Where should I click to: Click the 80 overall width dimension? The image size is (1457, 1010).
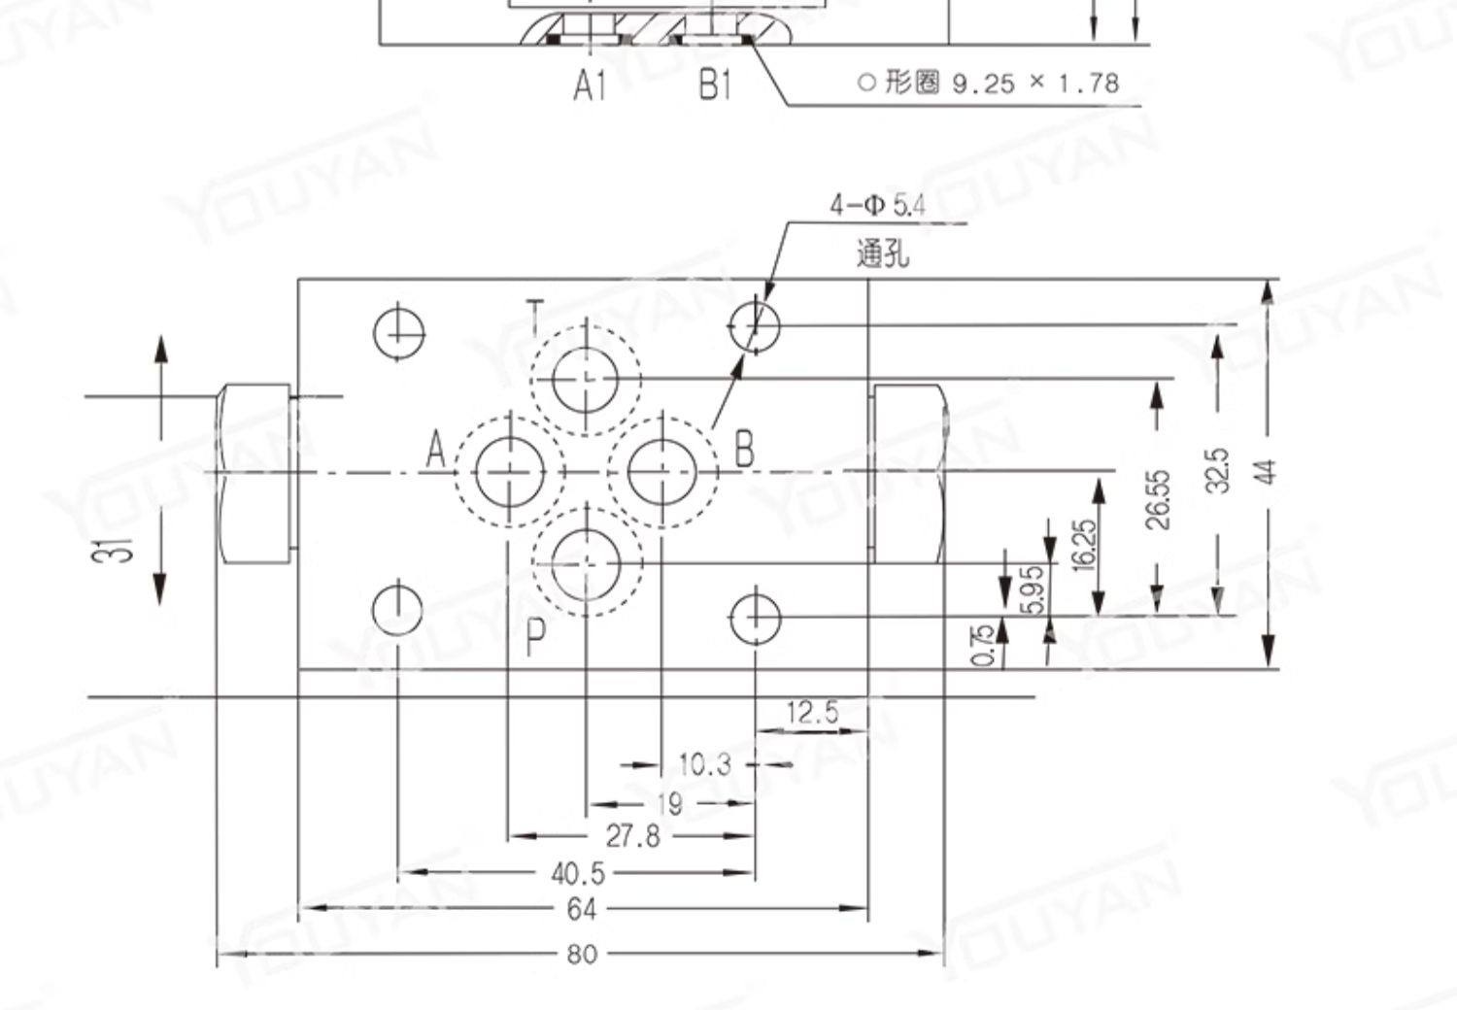pos(581,955)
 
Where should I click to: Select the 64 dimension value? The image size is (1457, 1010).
pos(581,910)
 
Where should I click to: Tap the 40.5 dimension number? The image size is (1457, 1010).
pos(578,873)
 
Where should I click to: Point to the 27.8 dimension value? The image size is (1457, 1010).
pos(632,835)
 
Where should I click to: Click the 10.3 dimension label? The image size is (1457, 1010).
pos(704,765)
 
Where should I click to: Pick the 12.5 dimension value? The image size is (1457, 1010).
pos(812,713)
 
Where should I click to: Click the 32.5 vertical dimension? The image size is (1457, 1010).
pos(1218,470)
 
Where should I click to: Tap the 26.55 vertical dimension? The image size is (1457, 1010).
pos(1158,500)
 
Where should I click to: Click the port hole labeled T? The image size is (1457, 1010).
pos(586,379)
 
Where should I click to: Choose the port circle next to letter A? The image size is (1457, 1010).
pos(509,472)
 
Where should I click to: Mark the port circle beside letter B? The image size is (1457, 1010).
pos(661,472)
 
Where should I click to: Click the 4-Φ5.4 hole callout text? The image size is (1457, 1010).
pos(877,206)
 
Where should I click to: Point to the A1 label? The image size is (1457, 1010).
pos(590,86)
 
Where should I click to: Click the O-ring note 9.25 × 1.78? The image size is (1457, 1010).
pos(1000,84)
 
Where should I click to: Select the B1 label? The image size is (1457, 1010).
pos(716,86)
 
